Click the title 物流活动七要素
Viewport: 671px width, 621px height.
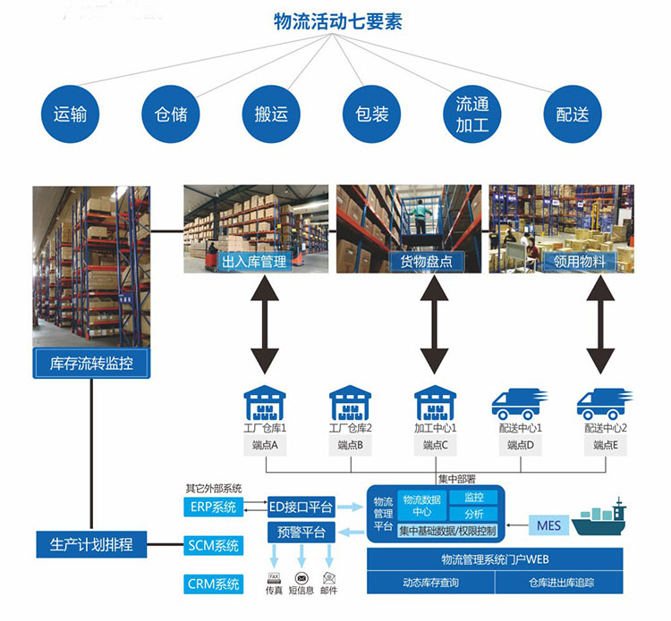click(x=338, y=21)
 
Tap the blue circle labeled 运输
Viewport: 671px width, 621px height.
click(x=70, y=114)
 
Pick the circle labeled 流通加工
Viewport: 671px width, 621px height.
click(x=471, y=114)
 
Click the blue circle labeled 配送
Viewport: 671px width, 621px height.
click(x=573, y=114)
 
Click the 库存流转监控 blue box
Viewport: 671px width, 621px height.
click(x=89, y=364)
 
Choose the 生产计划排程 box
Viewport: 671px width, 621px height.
click(x=89, y=543)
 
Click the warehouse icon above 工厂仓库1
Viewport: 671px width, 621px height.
click(x=263, y=404)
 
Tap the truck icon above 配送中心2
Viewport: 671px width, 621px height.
click(x=605, y=404)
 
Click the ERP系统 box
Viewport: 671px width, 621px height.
click(x=214, y=508)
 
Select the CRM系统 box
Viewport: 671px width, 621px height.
click(x=214, y=584)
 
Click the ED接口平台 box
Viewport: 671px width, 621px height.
click(x=302, y=508)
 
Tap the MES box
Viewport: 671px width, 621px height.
click(x=549, y=524)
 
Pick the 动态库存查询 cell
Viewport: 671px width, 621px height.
click(x=429, y=583)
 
